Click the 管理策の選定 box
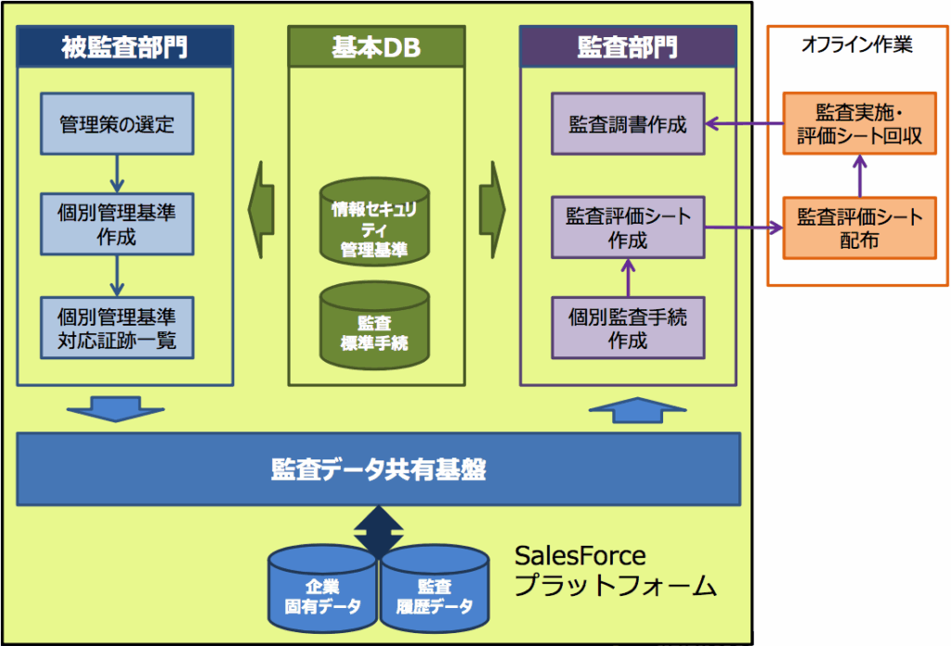point(117,123)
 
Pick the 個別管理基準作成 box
point(117,224)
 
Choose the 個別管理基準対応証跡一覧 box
point(117,327)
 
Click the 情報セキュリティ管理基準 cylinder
point(374,222)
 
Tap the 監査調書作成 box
point(628,123)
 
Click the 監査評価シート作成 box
point(628,227)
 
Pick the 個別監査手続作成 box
point(628,328)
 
